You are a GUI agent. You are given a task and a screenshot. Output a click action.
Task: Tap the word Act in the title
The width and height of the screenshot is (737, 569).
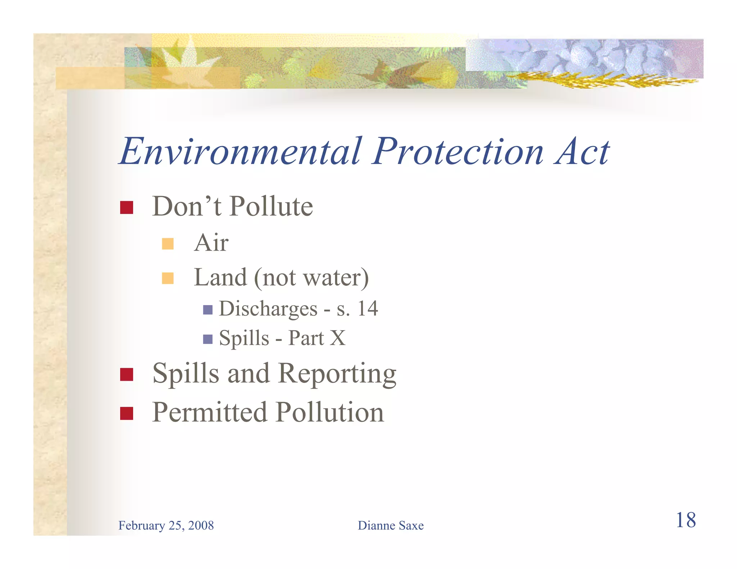click(582, 152)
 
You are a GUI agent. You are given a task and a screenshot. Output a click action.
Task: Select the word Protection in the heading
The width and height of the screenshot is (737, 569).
click(458, 152)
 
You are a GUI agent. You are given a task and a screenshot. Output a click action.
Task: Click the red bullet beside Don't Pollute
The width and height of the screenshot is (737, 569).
click(127, 208)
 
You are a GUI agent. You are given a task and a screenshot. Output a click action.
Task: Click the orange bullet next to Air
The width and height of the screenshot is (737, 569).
click(168, 244)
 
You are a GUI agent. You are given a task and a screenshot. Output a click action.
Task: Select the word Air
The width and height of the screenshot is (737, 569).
click(211, 243)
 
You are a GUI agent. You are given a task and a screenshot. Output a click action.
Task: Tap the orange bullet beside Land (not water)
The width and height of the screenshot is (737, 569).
click(168, 278)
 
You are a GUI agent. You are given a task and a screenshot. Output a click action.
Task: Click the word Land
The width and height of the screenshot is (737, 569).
click(221, 277)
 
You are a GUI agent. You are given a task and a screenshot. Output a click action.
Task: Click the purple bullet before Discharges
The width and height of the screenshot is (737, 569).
click(208, 310)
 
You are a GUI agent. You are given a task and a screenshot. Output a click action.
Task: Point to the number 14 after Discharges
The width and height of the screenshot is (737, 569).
click(367, 309)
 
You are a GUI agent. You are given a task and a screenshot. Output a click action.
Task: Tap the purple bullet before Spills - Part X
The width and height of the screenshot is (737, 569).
click(208, 339)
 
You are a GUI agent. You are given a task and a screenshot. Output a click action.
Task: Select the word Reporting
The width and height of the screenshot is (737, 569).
click(337, 374)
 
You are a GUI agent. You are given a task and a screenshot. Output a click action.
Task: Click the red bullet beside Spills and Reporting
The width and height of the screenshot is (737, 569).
click(127, 374)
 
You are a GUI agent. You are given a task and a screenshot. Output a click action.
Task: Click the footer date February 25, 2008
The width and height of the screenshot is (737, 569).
click(166, 525)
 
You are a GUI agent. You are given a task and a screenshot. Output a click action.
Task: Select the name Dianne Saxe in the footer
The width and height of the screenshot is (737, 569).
click(390, 525)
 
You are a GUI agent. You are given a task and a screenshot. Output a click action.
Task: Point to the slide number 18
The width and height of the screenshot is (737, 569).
click(686, 520)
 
